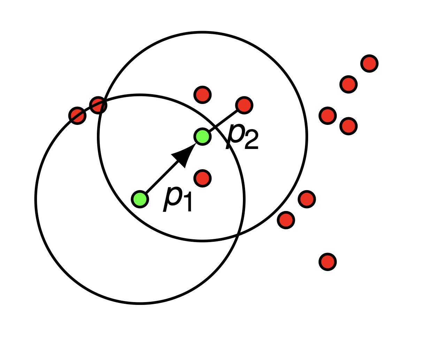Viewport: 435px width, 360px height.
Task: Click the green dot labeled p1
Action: coord(140,199)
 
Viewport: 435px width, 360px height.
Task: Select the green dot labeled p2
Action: coord(203,137)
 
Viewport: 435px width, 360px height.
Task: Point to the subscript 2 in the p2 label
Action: coord(251,139)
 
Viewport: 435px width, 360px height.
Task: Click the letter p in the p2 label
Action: coord(235,136)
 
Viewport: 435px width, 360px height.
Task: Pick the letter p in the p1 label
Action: coord(173,198)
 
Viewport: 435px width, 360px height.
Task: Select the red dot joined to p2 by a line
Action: coord(244,105)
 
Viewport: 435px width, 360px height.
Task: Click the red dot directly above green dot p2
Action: coord(203,95)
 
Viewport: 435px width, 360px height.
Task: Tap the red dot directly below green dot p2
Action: coord(203,178)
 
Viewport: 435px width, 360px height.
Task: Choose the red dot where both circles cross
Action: coord(98,105)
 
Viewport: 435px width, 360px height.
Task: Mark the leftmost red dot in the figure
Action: coord(77,115)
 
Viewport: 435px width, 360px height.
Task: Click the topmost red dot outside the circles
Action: coord(369,63)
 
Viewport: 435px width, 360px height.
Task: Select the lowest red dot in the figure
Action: coord(328,262)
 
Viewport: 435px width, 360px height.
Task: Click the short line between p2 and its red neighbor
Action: coord(223,121)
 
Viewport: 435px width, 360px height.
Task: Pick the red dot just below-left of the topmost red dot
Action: coord(349,84)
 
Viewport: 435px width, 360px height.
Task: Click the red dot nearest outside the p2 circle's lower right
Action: coord(286,220)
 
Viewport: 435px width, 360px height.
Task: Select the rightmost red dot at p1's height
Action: coord(307,199)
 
